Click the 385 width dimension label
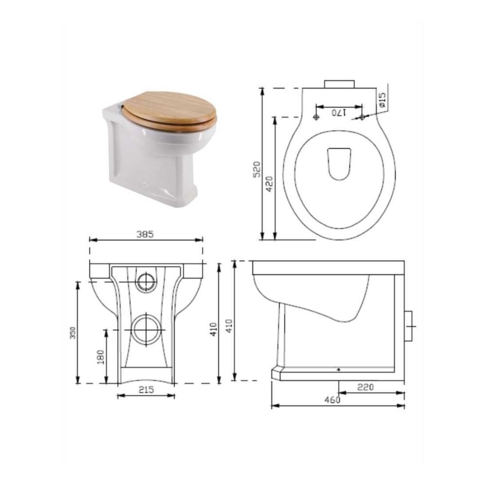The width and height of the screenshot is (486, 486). tap(144, 234)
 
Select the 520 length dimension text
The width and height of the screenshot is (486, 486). tap(258, 169)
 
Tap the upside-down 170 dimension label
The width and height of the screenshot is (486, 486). tap(339, 113)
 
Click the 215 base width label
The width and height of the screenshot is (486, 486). tap(146, 389)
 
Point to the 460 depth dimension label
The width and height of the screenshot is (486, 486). tap(332, 400)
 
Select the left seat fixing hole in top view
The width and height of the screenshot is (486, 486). tap(316, 117)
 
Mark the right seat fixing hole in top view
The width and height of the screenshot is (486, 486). tap(362, 117)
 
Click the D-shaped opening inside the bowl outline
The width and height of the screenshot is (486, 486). tap(339, 163)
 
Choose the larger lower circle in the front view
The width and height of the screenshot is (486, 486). tap(145, 330)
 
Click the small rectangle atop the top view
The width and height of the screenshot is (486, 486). tap(339, 83)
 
